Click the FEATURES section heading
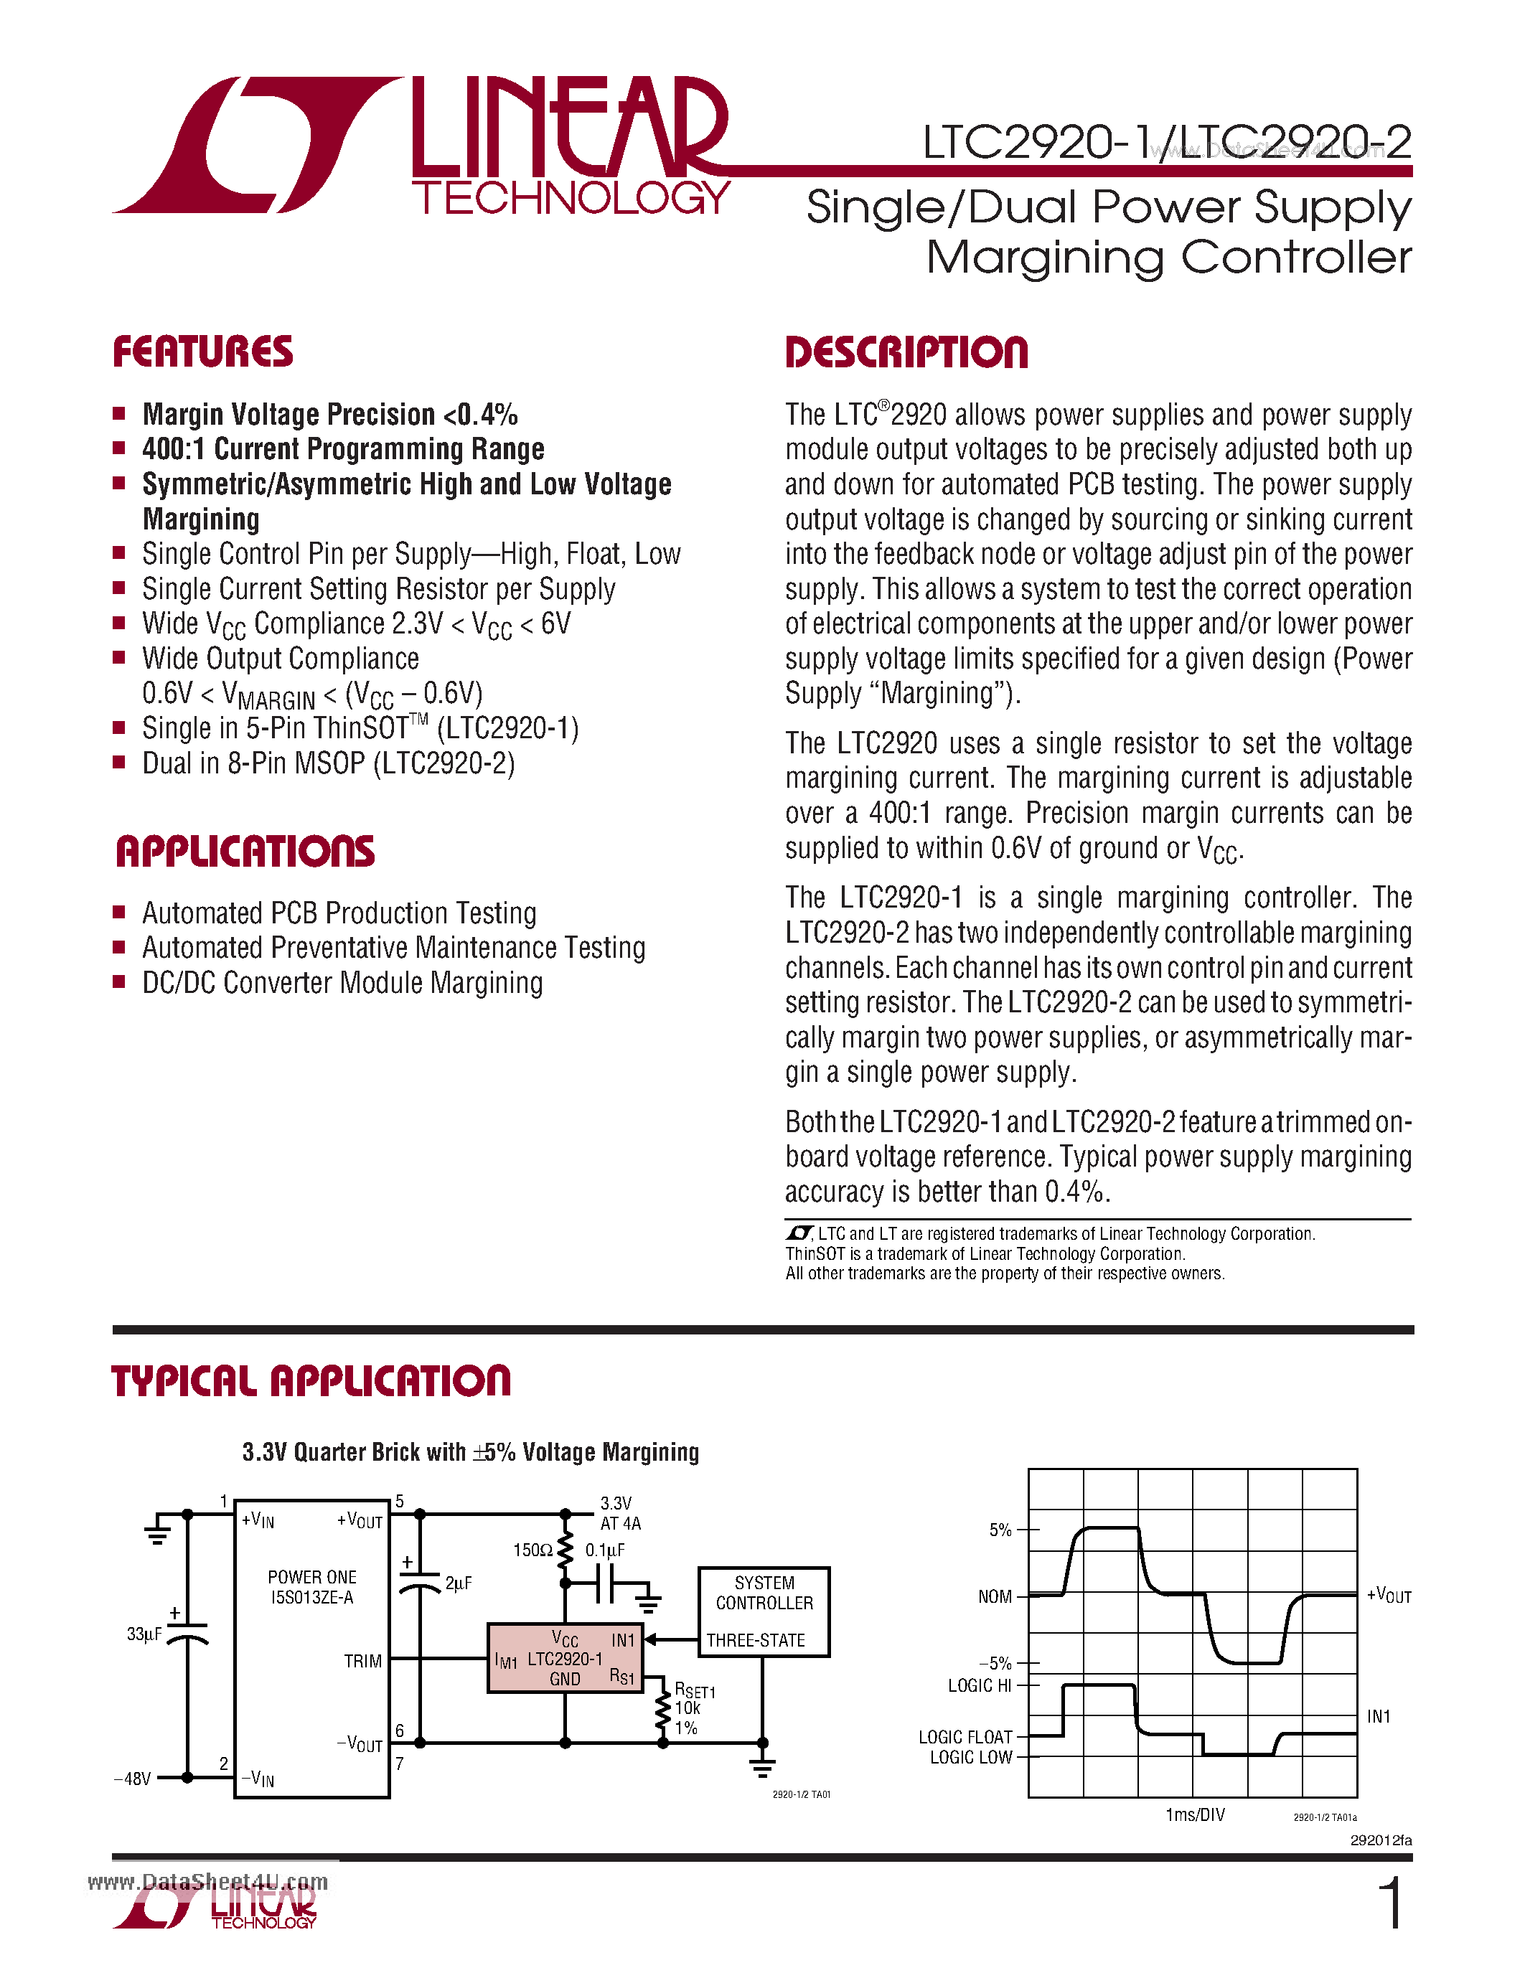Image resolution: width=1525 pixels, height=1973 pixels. pyautogui.click(x=202, y=352)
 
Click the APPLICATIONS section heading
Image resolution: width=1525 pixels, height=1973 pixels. pyautogui.click(x=245, y=851)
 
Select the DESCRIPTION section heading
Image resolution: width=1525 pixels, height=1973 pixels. pyautogui.click(x=906, y=352)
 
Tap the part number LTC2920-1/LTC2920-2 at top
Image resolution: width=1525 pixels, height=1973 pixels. pyautogui.click(x=1166, y=142)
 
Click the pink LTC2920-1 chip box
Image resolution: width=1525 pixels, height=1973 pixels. pyautogui.click(x=565, y=1659)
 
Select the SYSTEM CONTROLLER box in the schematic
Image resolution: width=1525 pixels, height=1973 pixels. pyautogui.click(x=764, y=1611)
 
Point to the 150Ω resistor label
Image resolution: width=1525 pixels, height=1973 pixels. pyautogui.click(x=532, y=1550)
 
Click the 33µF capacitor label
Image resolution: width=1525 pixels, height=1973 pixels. pyautogui.click(x=144, y=1634)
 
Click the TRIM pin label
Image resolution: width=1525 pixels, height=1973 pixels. pyautogui.click(x=362, y=1662)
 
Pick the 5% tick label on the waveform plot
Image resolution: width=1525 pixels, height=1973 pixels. pyautogui.click(x=1000, y=1530)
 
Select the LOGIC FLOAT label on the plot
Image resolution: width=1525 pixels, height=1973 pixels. pyautogui.click(x=965, y=1737)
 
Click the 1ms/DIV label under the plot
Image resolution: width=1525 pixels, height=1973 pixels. pyautogui.click(x=1194, y=1815)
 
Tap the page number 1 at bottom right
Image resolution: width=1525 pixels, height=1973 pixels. pyautogui.click(x=1392, y=1903)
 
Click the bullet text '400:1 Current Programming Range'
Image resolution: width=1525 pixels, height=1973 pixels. pyautogui.click(x=343, y=449)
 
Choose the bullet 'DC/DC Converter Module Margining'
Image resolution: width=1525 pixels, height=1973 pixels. pyautogui.click(x=342, y=983)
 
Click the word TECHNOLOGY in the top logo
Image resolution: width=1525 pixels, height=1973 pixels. pyautogui.click(x=571, y=198)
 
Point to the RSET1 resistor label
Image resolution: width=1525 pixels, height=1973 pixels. pyautogui.click(x=694, y=1690)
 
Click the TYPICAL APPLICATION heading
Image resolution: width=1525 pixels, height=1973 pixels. pyautogui.click(x=311, y=1381)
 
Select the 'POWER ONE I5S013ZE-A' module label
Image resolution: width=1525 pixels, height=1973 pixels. pyautogui.click(x=311, y=1586)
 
